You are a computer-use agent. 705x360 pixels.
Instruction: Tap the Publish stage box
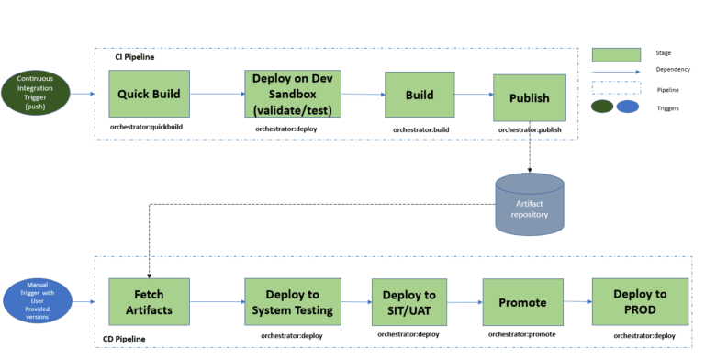(529, 98)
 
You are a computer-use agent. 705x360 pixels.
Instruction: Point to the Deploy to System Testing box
(293, 300)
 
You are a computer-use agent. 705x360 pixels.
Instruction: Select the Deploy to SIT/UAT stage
(409, 301)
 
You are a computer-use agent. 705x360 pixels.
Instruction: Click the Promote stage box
(521, 301)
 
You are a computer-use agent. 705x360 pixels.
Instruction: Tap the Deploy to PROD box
(641, 300)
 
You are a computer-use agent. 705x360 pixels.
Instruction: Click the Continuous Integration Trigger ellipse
(36, 94)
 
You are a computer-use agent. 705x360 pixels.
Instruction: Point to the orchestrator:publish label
(529, 130)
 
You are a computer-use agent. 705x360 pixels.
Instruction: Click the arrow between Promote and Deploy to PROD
(576, 300)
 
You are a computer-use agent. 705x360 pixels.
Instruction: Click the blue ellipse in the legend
(628, 107)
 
